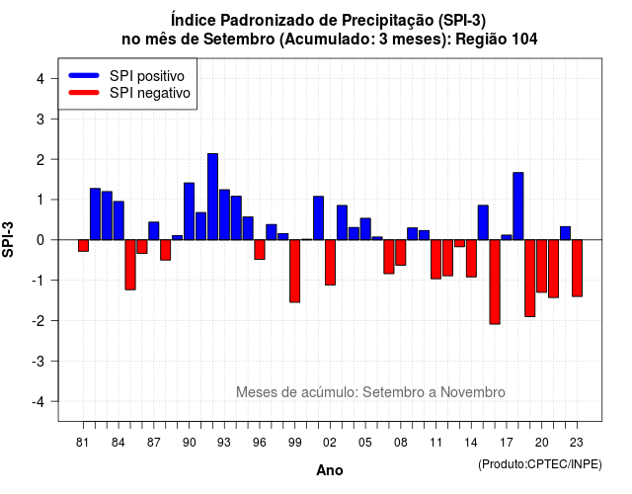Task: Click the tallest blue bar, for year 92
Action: pyautogui.click(x=213, y=197)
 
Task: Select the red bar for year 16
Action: pyautogui.click(x=495, y=282)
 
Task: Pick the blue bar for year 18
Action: pyautogui.click(x=518, y=206)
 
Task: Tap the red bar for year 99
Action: pyautogui.click(x=295, y=271)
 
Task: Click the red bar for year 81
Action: pyautogui.click(x=83, y=246)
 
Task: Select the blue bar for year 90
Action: pyautogui.click(x=189, y=211)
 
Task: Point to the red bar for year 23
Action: pyautogui.click(x=577, y=268)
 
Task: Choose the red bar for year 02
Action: pyautogui.click(x=330, y=263)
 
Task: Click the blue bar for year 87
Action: pyautogui.click(x=154, y=230)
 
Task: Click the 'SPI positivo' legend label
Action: pyautogui.click(x=147, y=76)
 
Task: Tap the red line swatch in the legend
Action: pyautogui.click(x=84, y=92)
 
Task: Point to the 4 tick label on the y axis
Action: pyautogui.click(x=40, y=79)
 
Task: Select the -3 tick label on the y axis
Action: pyautogui.click(x=39, y=361)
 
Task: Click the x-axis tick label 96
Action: pyautogui.click(x=260, y=443)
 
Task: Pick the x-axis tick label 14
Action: pyautogui.click(x=471, y=443)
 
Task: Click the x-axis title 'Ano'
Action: pyautogui.click(x=330, y=470)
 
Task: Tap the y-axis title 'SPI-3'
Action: pyautogui.click(x=8, y=239)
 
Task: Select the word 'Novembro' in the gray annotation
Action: pyautogui.click(x=472, y=392)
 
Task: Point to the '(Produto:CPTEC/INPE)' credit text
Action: pyautogui.click(x=540, y=464)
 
